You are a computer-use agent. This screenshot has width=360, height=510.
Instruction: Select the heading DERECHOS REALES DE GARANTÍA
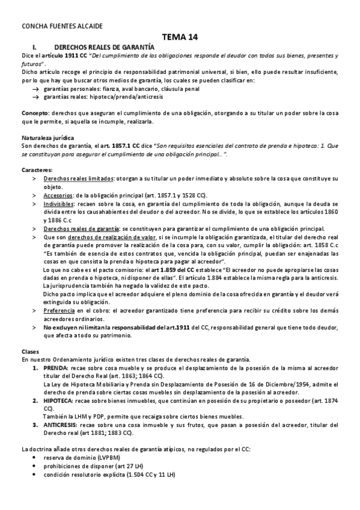[x=104, y=46]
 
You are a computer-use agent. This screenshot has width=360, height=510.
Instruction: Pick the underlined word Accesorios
[x=58, y=195]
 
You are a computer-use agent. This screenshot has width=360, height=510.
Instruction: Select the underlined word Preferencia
[x=59, y=310]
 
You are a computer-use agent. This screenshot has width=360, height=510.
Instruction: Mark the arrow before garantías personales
[x=37, y=88]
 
